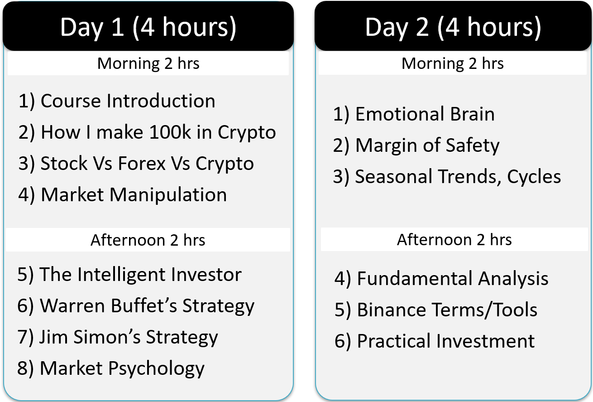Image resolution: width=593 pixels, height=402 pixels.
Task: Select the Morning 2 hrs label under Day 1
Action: pos(148,63)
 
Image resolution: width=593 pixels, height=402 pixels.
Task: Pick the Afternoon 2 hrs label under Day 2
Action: pos(454,240)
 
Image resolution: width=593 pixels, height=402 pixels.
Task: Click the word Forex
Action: pos(142,163)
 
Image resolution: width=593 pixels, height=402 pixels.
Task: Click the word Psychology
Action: pos(157,368)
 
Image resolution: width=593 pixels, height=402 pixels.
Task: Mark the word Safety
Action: pos(473,145)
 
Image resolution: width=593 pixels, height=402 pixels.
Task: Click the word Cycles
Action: pos(534,176)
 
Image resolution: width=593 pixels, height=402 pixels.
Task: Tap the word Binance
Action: pos(391,310)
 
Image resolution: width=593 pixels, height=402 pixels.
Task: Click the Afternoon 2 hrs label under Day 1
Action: pos(148,240)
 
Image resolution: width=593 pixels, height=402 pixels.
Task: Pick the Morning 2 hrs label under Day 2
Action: pos(453,63)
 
